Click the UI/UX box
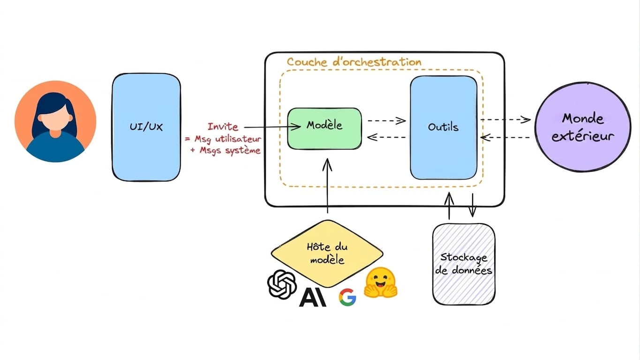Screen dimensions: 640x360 pyautogui.click(x=146, y=127)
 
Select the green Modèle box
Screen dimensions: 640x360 pyautogui.click(x=324, y=128)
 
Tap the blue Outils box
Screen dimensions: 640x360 pyautogui.click(x=444, y=127)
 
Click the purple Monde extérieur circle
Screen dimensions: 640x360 pyautogui.click(x=583, y=127)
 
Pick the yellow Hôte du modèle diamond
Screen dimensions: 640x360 pyautogui.click(x=327, y=254)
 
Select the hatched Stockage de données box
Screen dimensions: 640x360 pyautogui.click(x=464, y=264)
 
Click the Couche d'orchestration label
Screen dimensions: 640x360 pyautogui.click(x=354, y=62)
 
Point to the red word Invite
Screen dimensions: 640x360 pyautogui.click(x=223, y=127)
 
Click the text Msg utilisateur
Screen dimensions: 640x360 pyautogui.click(x=228, y=139)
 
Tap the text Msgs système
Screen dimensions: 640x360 pyautogui.click(x=230, y=150)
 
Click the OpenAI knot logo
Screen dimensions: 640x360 pyautogui.click(x=282, y=284)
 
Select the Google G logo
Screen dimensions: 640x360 pyautogui.click(x=347, y=297)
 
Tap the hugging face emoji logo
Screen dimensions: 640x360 pyautogui.click(x=381, y=283)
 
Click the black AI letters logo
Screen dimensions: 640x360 pyautogui.click(x=312, y=297)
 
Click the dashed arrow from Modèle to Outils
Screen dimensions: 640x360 pyautogui.click(x=386, y=120)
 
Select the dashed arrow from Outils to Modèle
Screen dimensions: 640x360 pyautogui.click(x=386, y=137)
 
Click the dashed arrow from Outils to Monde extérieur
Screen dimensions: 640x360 pyautogui.click(x=506, y=120)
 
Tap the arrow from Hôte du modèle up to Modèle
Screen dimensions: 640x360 pyautogui.click(x=327, y=186)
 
